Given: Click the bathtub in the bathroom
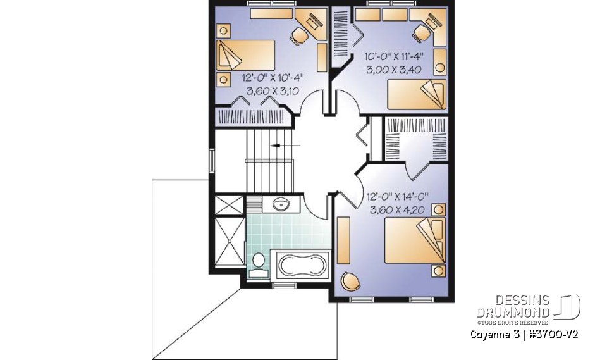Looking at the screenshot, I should (x=300, y=266).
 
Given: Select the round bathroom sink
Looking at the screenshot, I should (x=281, y=204).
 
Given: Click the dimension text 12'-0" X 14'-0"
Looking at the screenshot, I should (x=397, y=196).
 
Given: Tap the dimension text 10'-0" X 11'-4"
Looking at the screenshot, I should (x=394, y=56).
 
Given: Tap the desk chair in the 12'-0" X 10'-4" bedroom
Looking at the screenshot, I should (x=300, y=35).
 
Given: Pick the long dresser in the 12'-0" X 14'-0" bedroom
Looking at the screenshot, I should (x=344, y=240).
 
